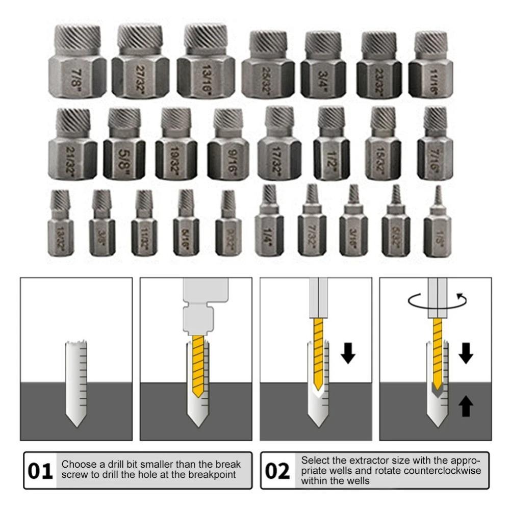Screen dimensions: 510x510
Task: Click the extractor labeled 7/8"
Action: (78, 64)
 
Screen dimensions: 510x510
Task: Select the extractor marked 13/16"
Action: (206, 64)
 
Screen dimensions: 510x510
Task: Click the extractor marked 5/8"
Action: (124, 145)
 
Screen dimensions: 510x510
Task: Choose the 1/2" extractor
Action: (331, 145)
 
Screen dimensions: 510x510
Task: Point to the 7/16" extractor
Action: (435, 145)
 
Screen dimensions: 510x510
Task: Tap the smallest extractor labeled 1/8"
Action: (437, 224)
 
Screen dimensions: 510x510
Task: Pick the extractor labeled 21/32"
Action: (72, 145)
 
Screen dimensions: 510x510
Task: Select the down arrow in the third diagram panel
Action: (348, 353)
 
